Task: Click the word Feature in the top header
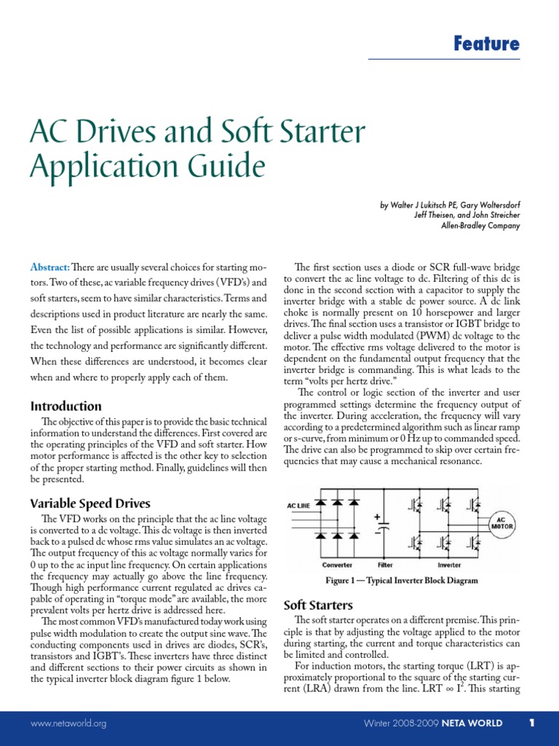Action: coord(486,44)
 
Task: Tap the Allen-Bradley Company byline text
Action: coord(481,226)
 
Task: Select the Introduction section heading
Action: coord(66,406)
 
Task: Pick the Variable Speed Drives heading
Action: coord(90,503)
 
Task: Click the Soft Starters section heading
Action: coord(317,605)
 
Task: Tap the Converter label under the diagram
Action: coord(337,565)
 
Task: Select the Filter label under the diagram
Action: coord(384,565)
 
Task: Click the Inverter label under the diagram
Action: coord(449,565)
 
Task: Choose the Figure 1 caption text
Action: coord(401,581)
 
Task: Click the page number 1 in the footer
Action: coord(532,723)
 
